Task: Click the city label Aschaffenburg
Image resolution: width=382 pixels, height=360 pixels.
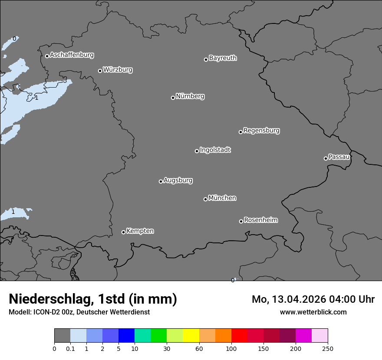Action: (72, 55)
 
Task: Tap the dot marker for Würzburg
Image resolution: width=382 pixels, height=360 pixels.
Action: (100, 71)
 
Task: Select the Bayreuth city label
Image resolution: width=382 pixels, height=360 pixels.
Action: (223, 58)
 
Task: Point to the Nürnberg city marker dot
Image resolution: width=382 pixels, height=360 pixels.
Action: (173, 98)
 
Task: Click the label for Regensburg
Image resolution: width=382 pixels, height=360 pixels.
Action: (261, 131)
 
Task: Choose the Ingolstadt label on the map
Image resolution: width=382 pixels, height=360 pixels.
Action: (215, 150)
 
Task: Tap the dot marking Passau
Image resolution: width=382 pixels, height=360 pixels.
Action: (326, 158)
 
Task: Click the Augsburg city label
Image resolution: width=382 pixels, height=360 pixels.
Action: (178, 180)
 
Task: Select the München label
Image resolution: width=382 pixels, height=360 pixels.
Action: (222, 198)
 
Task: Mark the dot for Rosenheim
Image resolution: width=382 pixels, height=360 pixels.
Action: (241, 222)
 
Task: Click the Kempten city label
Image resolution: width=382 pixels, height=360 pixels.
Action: (140, 231)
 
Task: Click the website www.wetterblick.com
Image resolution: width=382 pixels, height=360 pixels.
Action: (313, 312)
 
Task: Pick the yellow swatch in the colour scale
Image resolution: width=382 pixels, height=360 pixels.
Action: (191, 336)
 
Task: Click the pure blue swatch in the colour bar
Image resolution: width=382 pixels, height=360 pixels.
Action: (126, 336)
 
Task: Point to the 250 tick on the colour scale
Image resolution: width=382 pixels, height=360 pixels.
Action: (328, 348)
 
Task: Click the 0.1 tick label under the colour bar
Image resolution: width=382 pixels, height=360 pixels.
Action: (70, 348)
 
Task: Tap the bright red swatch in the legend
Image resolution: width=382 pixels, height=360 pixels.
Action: (239, 336)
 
